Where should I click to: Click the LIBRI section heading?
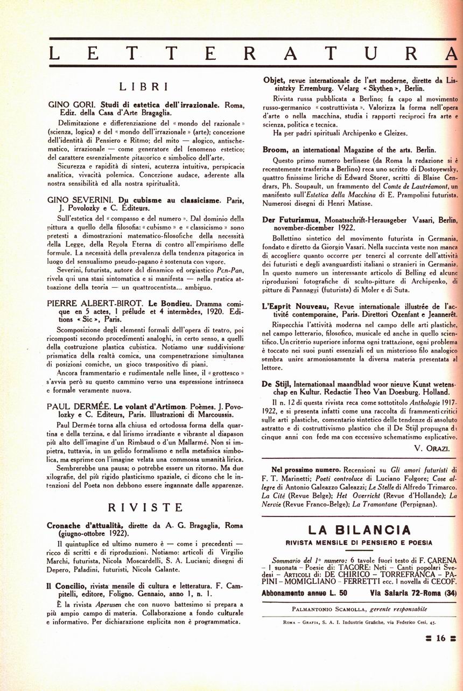144,86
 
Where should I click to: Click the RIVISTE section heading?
145,507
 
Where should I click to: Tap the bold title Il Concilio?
66,587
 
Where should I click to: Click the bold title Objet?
274,80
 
